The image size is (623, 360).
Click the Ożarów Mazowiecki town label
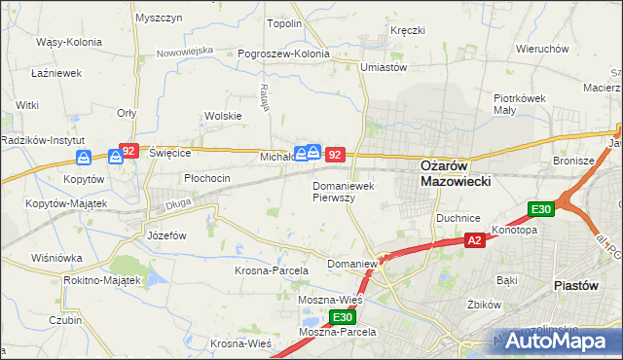click(456, 173)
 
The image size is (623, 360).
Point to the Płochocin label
click(207, 178)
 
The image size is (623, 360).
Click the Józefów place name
click(165, 236)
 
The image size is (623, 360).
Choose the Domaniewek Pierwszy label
click(347, 191)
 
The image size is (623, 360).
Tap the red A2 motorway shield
click(474, 240)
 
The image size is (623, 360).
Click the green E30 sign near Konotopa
click(541, 209)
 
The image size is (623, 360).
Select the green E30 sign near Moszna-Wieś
click(342, 317)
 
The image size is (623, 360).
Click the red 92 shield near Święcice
click(128, 151)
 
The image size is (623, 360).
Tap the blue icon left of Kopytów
click(85, 157)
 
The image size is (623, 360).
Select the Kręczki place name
click(407, 30)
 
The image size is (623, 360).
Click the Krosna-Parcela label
click(272, 270)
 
